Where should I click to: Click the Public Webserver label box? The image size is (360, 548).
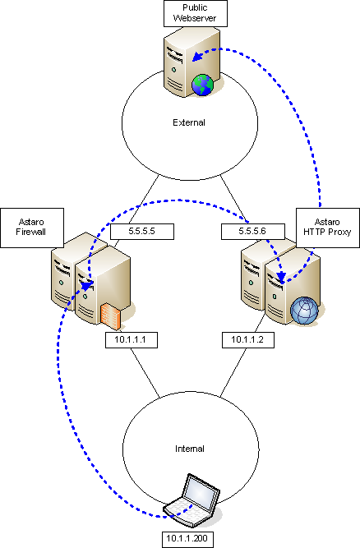[x=196, y=14]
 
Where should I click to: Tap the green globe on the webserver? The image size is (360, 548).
[x=202, y=85]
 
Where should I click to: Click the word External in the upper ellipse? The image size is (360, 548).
[x=189, y=122]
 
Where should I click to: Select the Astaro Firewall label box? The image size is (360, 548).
[x=32, y=228]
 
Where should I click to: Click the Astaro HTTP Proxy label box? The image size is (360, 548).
[x=327, y=228]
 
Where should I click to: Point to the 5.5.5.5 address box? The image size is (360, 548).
[x=142, y=232]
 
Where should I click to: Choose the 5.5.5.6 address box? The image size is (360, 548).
[x=252, y=232]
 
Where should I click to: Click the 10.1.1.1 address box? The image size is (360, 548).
[x=132, y=340]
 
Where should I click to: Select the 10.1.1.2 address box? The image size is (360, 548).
[x=247, y=340]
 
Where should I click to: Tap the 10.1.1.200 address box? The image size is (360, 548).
[x=187, y=540]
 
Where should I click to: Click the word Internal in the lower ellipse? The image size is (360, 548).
[x=190, y=449]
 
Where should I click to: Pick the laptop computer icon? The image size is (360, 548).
[x=193, y=500]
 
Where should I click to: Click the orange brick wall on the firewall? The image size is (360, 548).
[x=111, y=316]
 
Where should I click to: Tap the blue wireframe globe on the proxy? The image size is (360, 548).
[x=304, y=311]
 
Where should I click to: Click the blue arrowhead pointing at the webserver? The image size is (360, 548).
[x=198, y=56]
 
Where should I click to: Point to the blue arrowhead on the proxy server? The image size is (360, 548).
[x=281, y=277]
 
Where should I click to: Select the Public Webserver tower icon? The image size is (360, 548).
[x=192, y=62]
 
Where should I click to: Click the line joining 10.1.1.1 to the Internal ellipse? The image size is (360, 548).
[x=145, y=373]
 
